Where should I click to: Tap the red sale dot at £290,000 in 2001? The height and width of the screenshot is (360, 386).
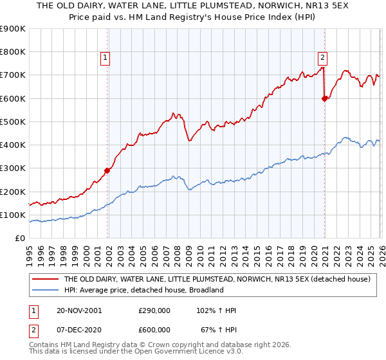(x=107, y=170)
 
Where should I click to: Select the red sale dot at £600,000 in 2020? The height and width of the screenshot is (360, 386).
(x=324, y=98)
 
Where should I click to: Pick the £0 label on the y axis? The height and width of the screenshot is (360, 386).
(x=19, y=238)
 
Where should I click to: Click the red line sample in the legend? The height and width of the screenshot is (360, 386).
(x=45, y=280)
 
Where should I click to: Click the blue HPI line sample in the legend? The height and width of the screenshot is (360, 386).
(x=45, y=290)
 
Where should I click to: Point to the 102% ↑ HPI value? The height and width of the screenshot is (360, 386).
(x=217, y=310)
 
